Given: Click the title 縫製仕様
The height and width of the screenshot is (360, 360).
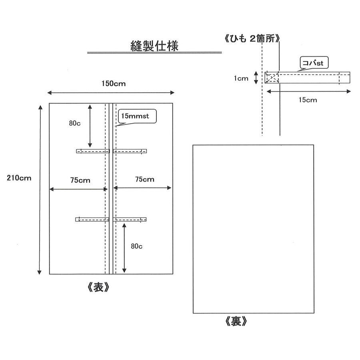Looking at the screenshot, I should coord(154,45).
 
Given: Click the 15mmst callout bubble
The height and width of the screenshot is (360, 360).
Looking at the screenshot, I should coord(136,116).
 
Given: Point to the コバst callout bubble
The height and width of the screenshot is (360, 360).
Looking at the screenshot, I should coord(314,63).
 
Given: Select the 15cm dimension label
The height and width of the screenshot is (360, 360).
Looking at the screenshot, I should coord(308,100).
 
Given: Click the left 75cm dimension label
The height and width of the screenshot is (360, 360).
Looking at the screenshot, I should coord(80,180).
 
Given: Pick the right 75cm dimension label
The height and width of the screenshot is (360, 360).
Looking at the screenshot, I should coord(144,180).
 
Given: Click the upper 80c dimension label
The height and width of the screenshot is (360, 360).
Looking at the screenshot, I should coord(75,123).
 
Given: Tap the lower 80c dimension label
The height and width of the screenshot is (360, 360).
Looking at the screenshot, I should coord(137,246).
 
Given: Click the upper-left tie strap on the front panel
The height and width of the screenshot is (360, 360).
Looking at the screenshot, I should coord(92,151).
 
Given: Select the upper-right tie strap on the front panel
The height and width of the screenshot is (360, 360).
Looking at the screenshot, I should coord(130,151).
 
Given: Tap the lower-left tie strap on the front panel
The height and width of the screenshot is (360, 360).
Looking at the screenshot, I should coord(92,219).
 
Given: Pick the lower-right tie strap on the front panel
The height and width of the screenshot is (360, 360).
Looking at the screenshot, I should coord(130,219).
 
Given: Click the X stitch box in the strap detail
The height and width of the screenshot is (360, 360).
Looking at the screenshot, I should coord(272,78).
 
